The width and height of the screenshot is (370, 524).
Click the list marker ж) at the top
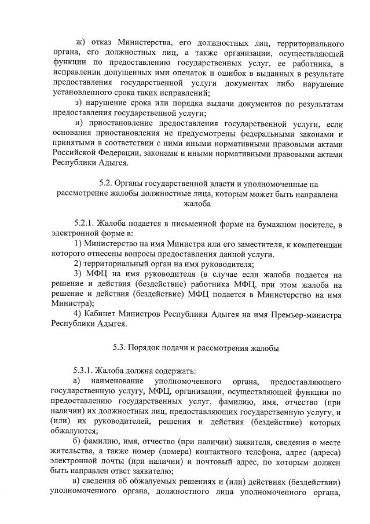[80, 43]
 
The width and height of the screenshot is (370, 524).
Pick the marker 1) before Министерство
[78, 244]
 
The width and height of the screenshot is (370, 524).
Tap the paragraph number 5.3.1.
[83, 370]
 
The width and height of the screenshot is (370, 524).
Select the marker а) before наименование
[76, 380]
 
